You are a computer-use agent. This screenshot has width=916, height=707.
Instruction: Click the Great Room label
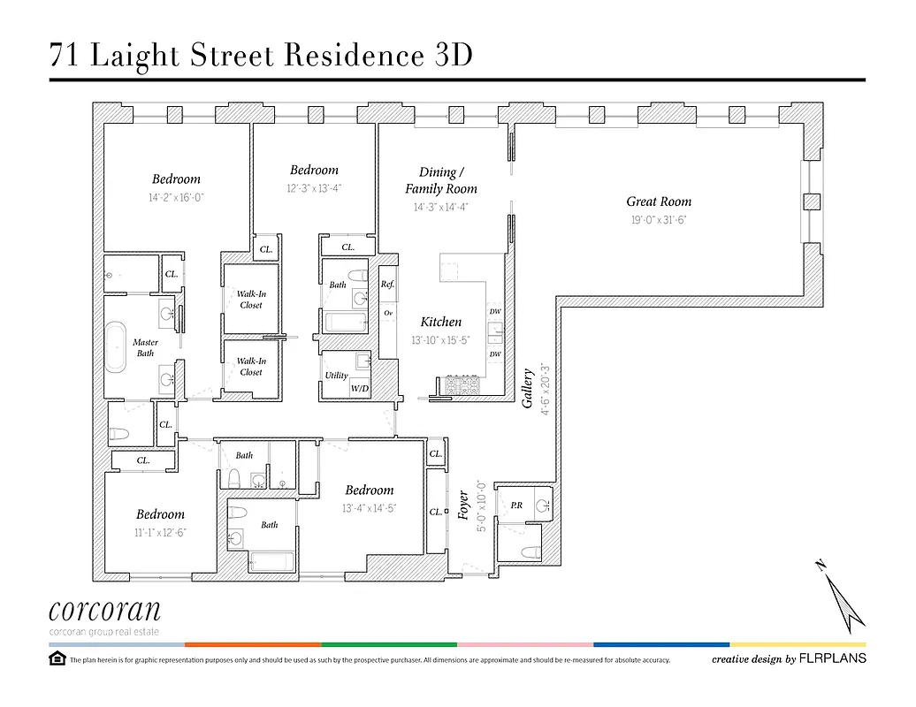coord(659,201)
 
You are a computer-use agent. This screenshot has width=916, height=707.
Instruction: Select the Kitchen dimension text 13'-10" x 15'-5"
coord(441,340)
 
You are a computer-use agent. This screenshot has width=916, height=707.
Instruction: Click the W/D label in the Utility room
coord(360,388)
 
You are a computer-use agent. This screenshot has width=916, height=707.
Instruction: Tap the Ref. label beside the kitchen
coord(387,285)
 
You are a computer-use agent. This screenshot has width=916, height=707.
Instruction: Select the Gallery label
coord(529,389)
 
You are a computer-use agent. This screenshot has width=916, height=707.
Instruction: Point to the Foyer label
coord(463,505)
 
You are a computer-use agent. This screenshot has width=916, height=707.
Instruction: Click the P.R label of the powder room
coord(516,506)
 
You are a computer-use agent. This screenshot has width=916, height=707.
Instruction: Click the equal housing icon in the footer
coord(57,659)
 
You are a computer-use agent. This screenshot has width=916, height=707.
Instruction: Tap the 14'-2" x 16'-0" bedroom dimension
coord(176,198)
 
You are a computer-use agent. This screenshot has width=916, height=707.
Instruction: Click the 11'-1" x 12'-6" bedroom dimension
coord(160,532)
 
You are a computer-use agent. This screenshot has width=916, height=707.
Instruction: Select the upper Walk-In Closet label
coord(251,300)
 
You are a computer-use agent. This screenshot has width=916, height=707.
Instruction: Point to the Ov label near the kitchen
coord(387,313)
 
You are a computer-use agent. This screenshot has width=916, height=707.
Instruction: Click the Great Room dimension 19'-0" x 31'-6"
coord(659,221)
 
